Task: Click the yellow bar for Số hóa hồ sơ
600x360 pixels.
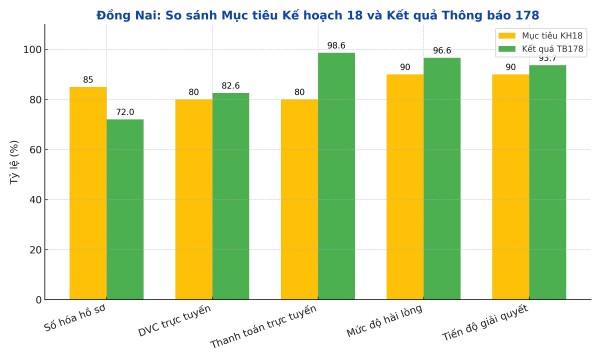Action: click(88, 193)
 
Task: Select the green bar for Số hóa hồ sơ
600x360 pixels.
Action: click(125, 209)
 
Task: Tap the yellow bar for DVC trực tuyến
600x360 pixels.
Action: click(193, 199)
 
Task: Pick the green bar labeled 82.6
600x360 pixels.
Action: click(231, 196)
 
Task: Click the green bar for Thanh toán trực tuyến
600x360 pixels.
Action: click(336, 176)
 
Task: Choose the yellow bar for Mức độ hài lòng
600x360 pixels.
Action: click(405, 187)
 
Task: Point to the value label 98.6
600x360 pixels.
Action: click(336, 46)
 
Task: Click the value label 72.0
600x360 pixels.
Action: click(125, 113)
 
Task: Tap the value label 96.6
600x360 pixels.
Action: click(442, 51)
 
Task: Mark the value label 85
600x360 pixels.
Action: click(88, 80)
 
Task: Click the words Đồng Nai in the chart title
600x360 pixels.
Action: click(127, 15)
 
